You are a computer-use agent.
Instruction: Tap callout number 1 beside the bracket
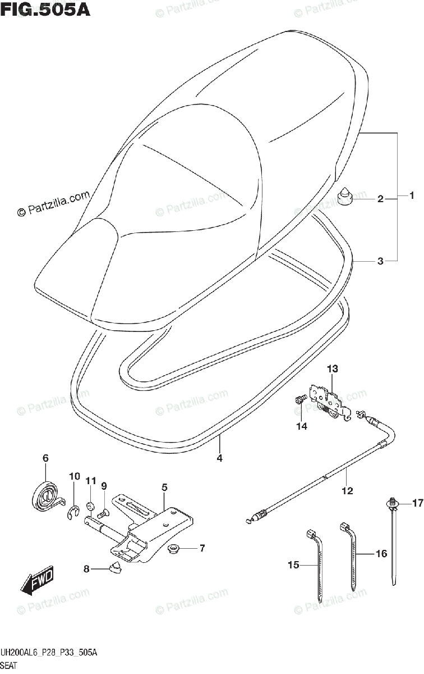point(411,196)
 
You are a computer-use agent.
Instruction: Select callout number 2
point(380,199)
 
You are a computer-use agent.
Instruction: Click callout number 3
point(380,261)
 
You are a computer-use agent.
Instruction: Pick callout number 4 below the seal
point(220,458)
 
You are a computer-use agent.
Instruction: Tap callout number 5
point(164,488)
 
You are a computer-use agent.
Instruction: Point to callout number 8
point(86,569)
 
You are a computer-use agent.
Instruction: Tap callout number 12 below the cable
point(347,491)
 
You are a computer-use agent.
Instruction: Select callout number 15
point(293,565)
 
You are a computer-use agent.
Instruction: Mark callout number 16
point(381,554)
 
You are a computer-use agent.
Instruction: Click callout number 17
point(417,503)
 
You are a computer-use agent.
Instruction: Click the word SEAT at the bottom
point(11,666)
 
